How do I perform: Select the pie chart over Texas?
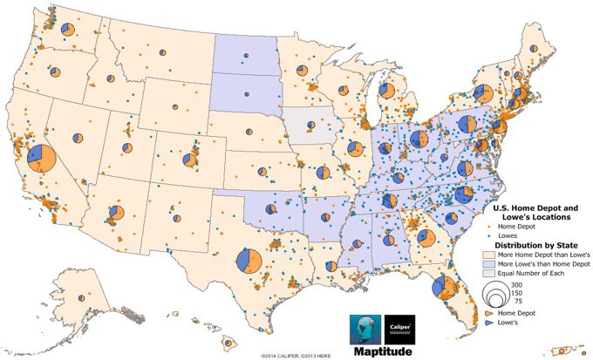(x=249, y=260)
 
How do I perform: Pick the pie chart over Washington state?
(x=68, y=31)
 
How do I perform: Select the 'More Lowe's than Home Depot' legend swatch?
(x=487, y=262)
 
